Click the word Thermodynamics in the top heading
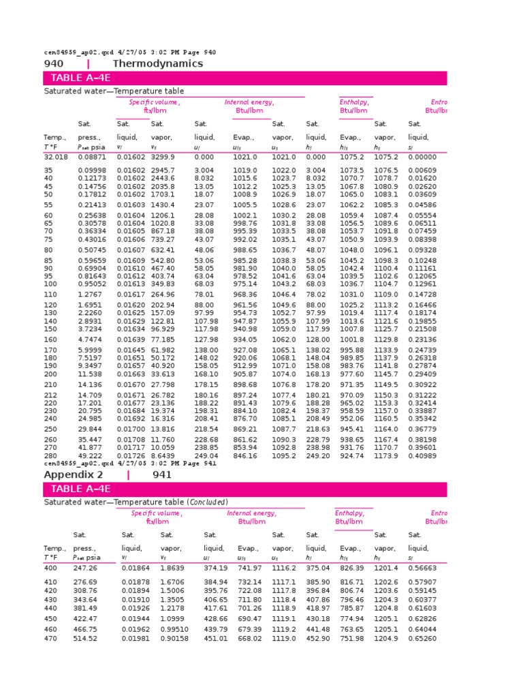coord(157,63)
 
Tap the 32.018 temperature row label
coord(57,157)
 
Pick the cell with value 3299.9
coord(163,157)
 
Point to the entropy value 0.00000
coord(422,157)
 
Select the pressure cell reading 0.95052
coord(92,284)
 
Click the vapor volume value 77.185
coord(163,339)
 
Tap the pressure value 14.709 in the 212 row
coord(90,395)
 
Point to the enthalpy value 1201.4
coord(386,568)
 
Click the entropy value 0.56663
coord(422,568)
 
